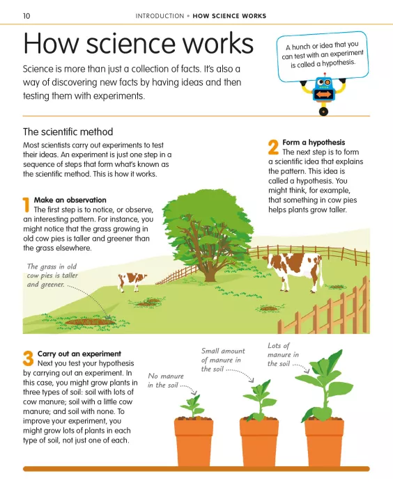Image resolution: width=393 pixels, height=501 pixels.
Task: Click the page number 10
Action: [x=26, y=15]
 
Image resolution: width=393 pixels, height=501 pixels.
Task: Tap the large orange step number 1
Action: [x=26, y=205]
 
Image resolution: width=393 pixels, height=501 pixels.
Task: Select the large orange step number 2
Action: [x=273, y=148]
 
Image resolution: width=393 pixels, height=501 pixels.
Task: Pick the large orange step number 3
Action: [x=28, y=358]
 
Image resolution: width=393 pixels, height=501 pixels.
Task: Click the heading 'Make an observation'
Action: [x=70, y=200]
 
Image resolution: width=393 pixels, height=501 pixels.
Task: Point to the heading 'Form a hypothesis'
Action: [x=314, y=142]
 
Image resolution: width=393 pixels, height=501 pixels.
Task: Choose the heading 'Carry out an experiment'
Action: [x=79, y=353]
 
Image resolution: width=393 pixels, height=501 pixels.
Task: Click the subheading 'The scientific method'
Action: [x=68, y=132]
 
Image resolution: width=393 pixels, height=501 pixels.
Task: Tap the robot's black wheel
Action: [x=323, y=111]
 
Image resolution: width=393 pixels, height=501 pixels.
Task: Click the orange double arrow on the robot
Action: [x=323, y=95]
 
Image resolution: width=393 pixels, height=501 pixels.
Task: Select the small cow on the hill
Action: [x=131, y=282]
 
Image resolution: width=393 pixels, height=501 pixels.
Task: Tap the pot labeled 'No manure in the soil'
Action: [x=194, y=442]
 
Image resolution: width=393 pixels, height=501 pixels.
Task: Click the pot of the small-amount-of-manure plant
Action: [x=259, y=442]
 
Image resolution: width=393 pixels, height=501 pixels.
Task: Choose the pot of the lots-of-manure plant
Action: [x=324, y=442]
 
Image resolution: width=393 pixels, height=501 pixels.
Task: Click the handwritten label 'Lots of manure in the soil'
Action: [x=283, y=355]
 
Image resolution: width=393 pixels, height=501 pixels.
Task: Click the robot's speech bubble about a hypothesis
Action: [x=323, y=56]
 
